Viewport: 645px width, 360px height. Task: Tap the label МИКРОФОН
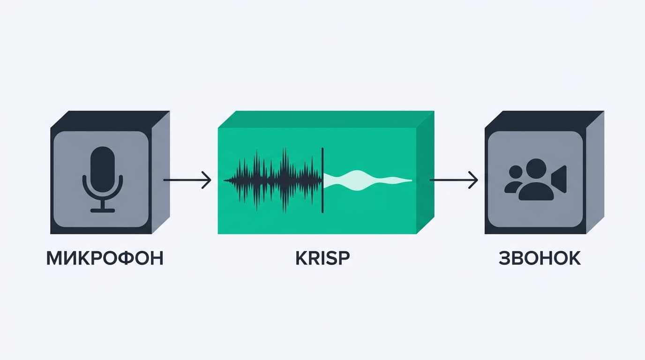click(105, 258)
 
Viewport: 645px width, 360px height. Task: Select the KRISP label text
click(322, 258)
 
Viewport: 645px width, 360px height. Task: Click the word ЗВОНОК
click(540, 258)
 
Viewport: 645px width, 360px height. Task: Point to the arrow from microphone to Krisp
click(187, 180)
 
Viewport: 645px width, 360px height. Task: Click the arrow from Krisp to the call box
click(454, 180)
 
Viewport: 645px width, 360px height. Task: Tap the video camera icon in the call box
click(559, 179)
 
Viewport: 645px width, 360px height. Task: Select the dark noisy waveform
click(273, 180)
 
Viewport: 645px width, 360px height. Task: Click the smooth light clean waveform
click(367, 180)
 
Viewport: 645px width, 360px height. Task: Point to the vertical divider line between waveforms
click(322, 180)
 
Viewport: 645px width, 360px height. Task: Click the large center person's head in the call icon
click(536, 169)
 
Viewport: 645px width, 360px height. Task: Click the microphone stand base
click(103, 210)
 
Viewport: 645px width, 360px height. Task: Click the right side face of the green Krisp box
click(425, 172)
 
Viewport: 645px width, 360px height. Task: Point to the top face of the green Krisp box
click(326, 119)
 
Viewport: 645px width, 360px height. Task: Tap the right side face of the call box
click(595, 172)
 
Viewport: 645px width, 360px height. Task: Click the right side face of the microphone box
click(161, 172)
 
